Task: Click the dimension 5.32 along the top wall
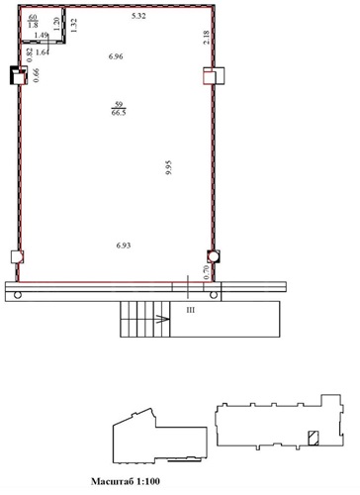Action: pyautogui.click(x=138, y=16)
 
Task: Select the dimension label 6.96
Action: pyautogui.click(x=116, y=56)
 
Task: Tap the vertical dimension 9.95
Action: pyautogui.click(x=169, y=167)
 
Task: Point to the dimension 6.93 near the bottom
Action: pyautogui.click(x=124, y=246)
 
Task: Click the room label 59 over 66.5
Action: pyautogui.click(x=119, y=109)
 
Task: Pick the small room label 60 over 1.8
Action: pyautogui.click(x=33, y=21)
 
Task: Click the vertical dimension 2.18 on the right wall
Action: pyautogui.click(x=207, y=38)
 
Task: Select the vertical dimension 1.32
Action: pyautogui.click(x=74, y=25)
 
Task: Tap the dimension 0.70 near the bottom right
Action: pyautogui.click(x=207, y=272)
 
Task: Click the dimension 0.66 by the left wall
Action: pyautogui.click(x=36, y=75)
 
